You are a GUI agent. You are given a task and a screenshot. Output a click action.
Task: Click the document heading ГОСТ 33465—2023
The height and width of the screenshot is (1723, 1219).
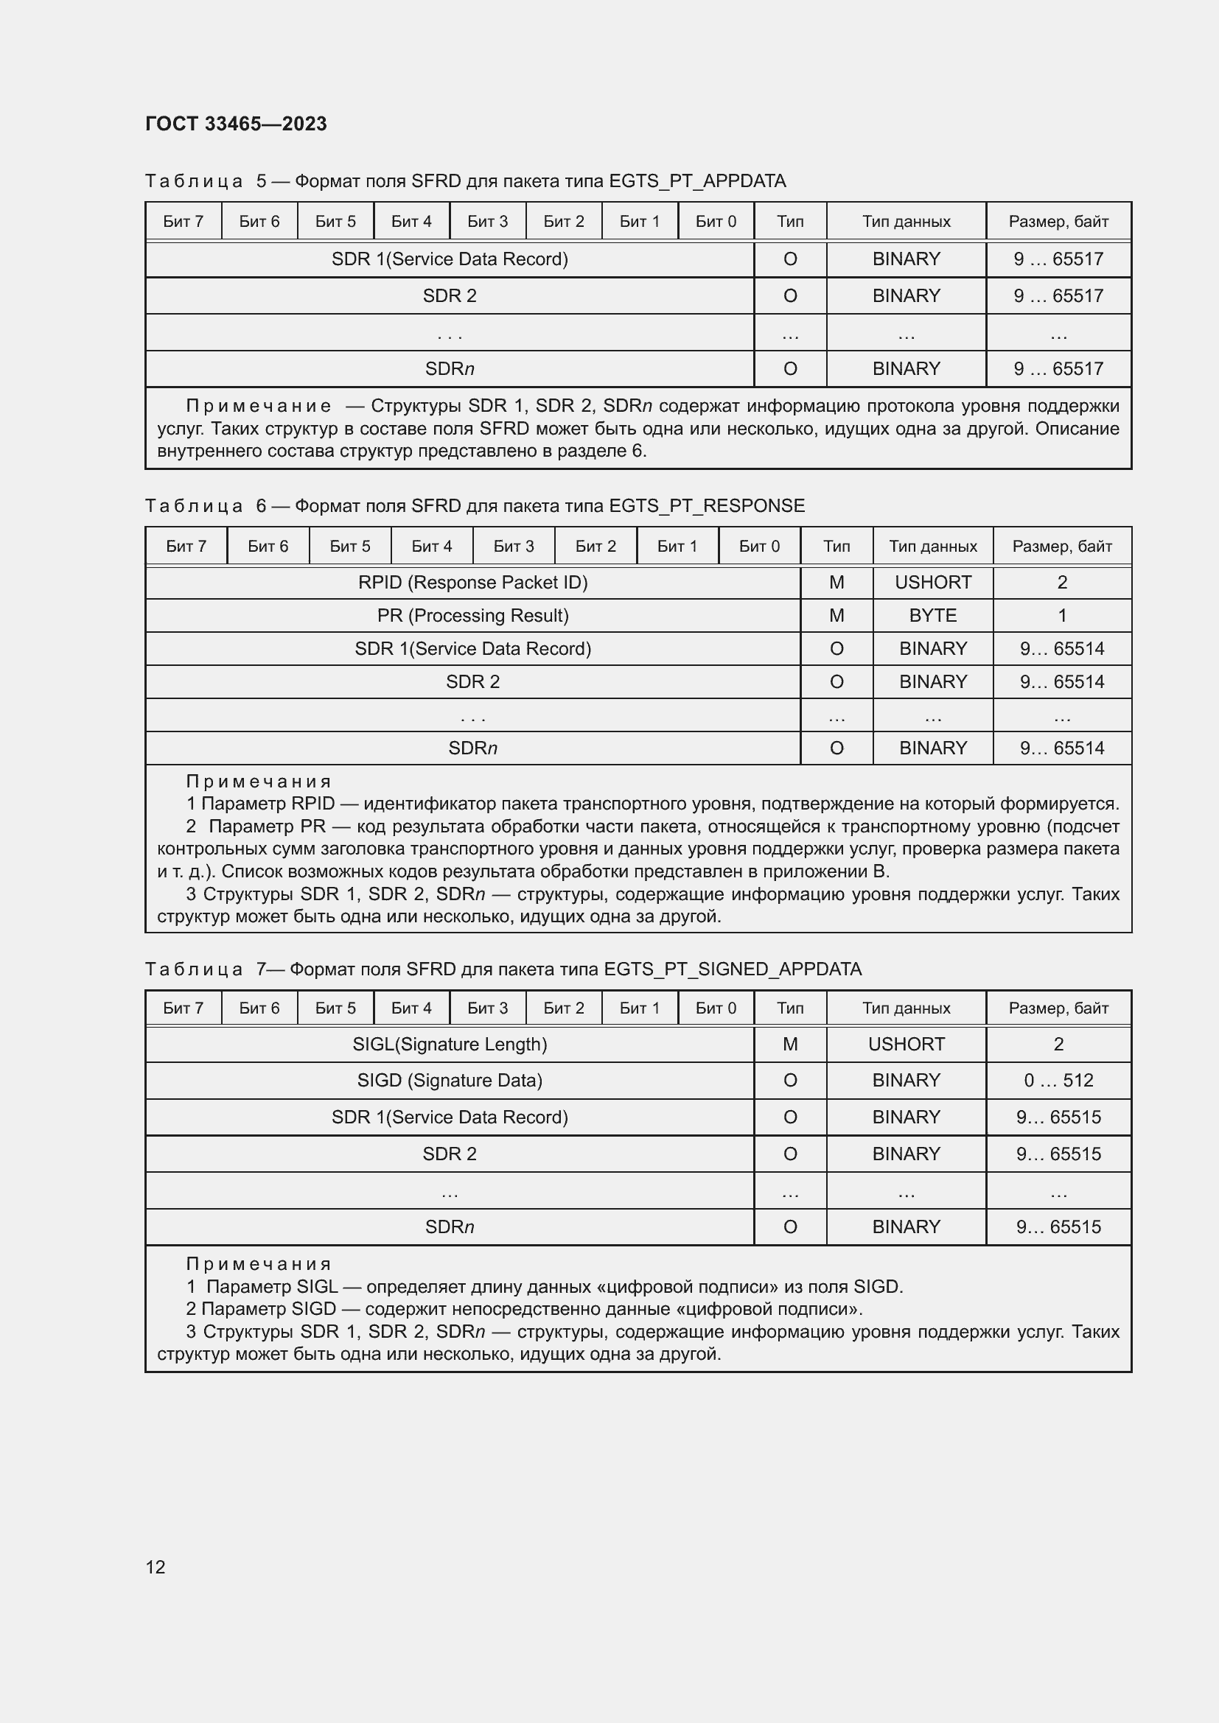click(236, 124)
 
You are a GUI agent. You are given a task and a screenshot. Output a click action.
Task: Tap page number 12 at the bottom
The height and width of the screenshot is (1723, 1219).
click(156, 1567)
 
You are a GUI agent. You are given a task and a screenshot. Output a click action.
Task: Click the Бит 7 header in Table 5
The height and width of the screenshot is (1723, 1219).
click(184, 222)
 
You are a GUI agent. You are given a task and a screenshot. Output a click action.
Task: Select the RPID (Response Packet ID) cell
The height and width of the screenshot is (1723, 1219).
click(472, 583)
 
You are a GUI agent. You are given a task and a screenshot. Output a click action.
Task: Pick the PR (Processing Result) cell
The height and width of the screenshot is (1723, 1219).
click(472, 615)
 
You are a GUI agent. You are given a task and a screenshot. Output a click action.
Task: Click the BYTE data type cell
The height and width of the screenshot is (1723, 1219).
click(932, 615)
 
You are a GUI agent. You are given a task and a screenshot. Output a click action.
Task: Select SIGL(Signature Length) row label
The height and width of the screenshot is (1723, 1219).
click(449, 1044)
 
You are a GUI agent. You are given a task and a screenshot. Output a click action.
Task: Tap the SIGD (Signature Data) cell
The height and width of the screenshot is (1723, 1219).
click(449, 1080)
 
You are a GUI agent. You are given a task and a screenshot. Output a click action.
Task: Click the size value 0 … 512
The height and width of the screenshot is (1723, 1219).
click(1058, 1080)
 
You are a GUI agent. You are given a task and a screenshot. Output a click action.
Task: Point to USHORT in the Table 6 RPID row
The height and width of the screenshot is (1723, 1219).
click(932, 583)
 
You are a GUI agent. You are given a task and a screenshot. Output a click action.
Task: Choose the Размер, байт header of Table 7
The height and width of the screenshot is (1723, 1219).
click(1058, 1008)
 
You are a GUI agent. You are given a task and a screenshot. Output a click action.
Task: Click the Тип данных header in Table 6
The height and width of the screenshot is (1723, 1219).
click(932, 547)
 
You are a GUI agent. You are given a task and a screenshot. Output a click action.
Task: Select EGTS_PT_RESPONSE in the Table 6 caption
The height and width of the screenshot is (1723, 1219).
click(706, 506)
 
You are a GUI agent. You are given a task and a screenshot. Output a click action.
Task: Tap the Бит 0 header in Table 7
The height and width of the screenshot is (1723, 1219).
click(716, 1008)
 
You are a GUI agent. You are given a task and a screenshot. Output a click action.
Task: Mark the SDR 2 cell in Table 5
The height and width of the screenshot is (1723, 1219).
click(449, 295)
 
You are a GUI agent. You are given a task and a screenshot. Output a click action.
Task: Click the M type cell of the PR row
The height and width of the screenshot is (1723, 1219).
click(836, 615)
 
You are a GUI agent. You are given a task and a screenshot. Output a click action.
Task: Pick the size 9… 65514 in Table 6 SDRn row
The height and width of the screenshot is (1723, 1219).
click(1061, 748)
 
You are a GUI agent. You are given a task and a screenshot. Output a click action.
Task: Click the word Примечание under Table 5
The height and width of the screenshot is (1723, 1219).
click(258, 406)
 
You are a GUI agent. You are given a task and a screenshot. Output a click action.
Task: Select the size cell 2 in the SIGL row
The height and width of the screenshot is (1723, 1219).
click(1058, 1044)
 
